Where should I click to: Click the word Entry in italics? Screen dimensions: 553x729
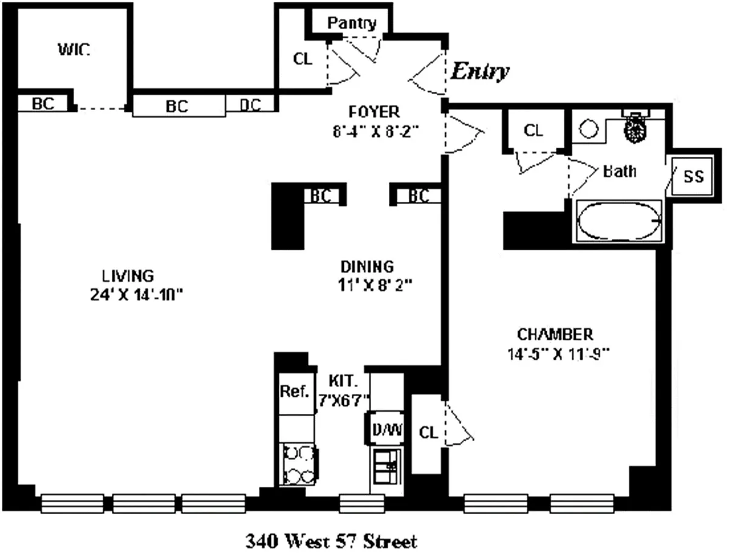(x=479, y=72)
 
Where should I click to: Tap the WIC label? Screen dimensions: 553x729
(x=74, y=50)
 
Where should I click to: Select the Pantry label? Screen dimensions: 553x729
(x=352, y=23)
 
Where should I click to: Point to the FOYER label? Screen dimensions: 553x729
(x=374, y=112)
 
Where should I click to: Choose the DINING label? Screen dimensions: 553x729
(x=367, y=266)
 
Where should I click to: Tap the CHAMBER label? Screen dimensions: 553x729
(x=555, y=334)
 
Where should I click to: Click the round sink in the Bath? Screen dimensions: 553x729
(x=588, y=129)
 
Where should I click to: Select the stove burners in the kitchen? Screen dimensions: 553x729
(x=298, y=464)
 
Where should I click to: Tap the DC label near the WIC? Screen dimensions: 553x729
(x=250, y=105)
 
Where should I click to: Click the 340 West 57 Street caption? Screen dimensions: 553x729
(x=331, y=540)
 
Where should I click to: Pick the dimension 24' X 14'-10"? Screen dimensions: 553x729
(x=135, y=295)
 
